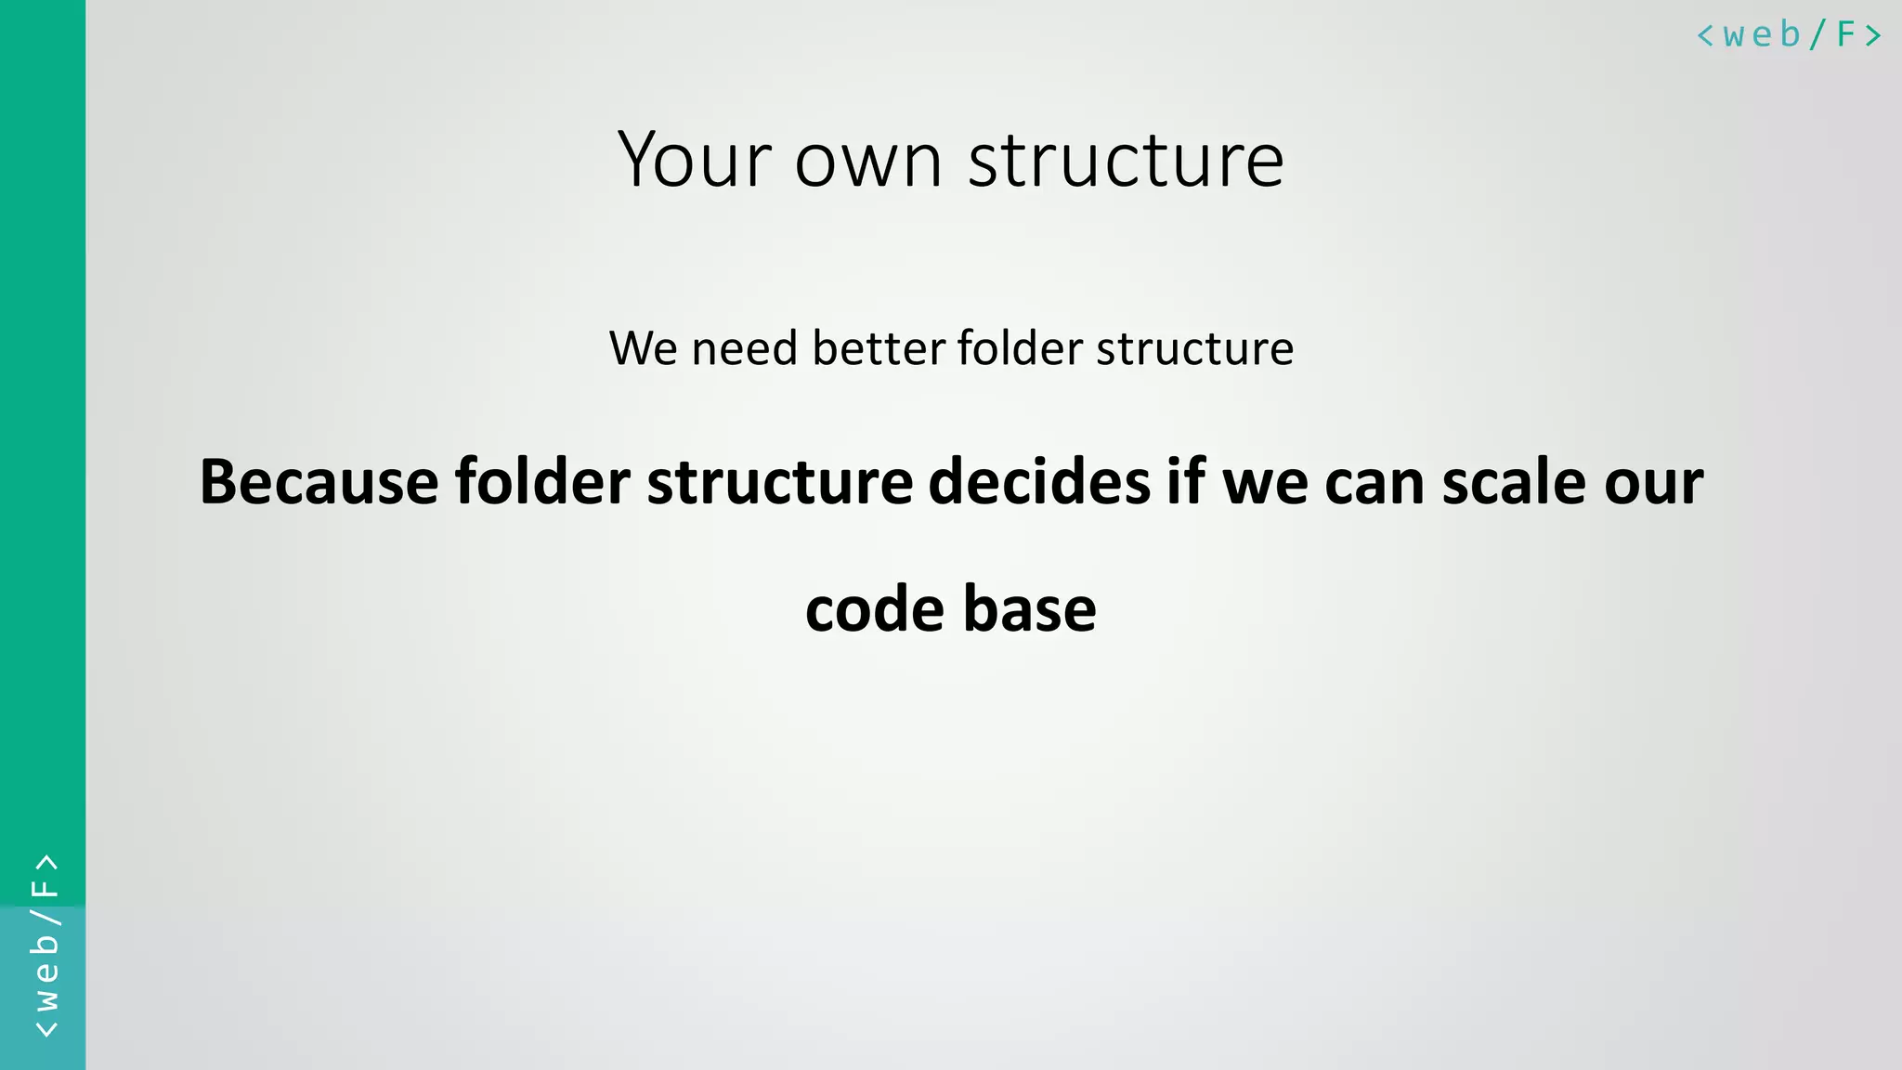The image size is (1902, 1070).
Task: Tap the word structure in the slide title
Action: tap(1126, 161)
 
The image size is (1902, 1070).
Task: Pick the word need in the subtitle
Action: tap(744, 348)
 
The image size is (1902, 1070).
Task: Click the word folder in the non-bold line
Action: tap(1020, 348)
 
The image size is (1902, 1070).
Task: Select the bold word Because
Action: tap(319, 482)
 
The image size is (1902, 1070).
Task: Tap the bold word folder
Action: tap(542, 482)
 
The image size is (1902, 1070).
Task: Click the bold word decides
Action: tap(1039, 482)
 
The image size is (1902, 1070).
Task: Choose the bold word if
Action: tap(1186, 482)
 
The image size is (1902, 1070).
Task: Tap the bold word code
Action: tap(874, 609)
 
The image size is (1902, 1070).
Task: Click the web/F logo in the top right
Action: tap(1789, 35)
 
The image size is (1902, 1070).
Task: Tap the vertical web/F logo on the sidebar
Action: tap(45, 946)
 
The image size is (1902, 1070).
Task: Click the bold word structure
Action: tap(780, 482)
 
